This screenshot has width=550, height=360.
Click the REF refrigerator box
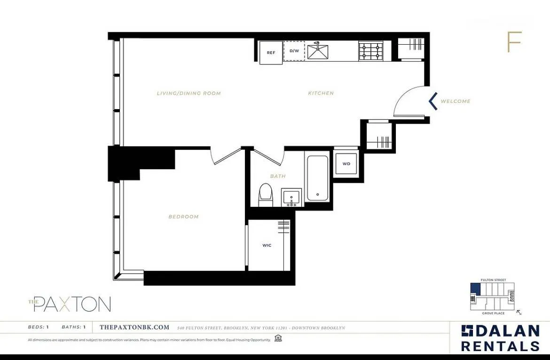271,53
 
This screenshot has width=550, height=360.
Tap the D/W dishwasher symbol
294,51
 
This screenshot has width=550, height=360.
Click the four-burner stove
371,51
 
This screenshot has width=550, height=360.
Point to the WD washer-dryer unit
346,164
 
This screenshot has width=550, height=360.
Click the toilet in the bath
266,195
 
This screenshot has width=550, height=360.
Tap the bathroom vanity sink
292,197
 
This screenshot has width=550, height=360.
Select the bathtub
318,178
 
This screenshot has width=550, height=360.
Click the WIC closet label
267,245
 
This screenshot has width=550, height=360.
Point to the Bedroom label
184,217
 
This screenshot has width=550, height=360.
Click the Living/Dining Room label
189,93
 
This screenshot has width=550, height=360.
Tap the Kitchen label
321,93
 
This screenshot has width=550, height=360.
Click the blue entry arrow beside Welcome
433,101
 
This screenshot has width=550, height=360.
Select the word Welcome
456,101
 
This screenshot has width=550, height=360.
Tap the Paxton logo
70,304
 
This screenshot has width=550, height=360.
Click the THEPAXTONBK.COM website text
134,328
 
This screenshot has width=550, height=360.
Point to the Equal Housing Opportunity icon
278,338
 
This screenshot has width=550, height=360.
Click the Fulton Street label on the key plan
494,280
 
